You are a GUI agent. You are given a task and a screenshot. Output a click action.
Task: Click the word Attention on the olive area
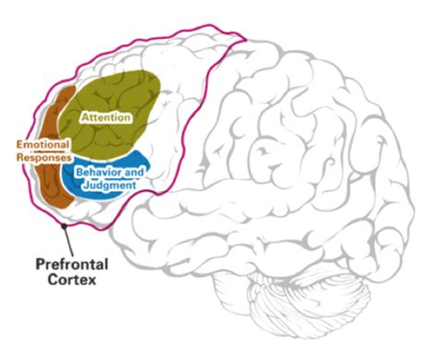(x=105, y=118)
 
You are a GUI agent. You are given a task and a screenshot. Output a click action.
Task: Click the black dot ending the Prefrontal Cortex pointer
(x=62, y=224)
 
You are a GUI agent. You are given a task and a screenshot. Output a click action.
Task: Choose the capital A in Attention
(x=84, y=118)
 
